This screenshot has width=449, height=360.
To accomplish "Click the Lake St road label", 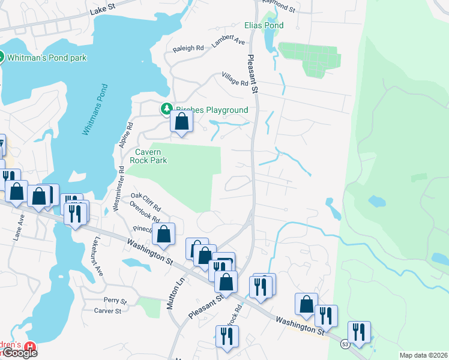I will (x=102, y=10).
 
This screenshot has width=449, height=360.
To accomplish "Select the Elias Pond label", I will (x=264, y=26).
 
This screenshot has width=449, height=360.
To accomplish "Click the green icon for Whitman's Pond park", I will (x=0, y=58).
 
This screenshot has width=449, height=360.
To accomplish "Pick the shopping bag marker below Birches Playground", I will (x=181, y=122).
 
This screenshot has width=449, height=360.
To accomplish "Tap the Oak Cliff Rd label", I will (x=146, y=200).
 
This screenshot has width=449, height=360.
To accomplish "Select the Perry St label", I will (x=115, y=300).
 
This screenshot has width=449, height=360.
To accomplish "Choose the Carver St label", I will (x=107, y=311).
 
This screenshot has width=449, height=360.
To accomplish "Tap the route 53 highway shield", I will (x=345, y=344).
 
